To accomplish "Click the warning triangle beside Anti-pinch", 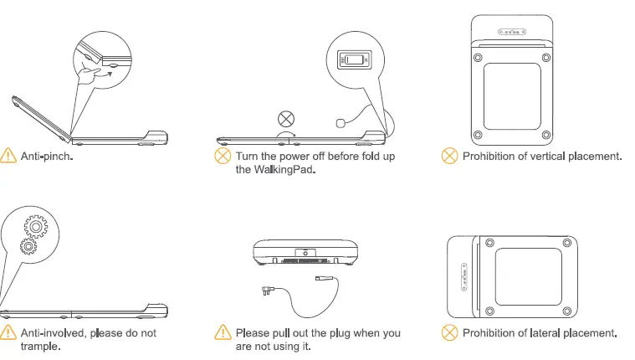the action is click(9, 156).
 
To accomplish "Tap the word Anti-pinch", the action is click(47, 157).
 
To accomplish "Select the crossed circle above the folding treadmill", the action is click(286, 118).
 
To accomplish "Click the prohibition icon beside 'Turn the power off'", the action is click(223, 157).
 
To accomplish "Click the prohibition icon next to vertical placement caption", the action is click(450, 156).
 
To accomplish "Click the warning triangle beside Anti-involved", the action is click(9, 333).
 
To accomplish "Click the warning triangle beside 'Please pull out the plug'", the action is click(223, 333).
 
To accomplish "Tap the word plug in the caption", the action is click(342, 333).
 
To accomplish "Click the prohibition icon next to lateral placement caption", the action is click(450, 333).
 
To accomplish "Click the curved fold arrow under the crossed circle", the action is click(286, 134).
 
